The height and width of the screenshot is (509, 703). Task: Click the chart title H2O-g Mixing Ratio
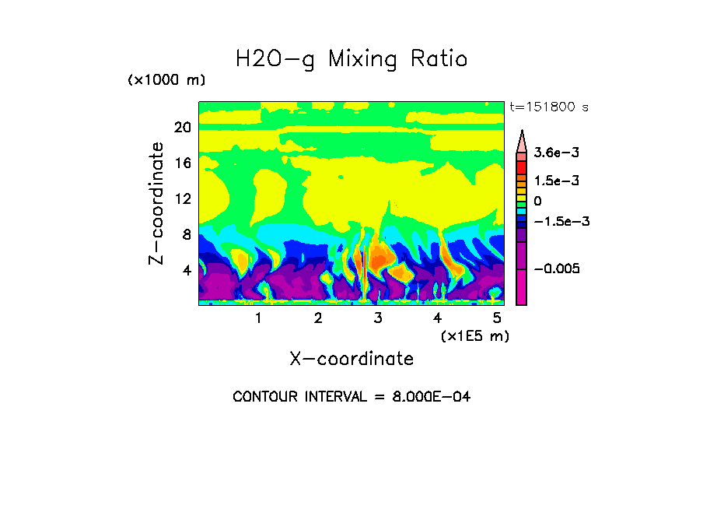(351, 59)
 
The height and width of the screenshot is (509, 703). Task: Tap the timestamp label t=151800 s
(549, 107)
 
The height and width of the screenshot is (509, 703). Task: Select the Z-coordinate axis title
(157, 203)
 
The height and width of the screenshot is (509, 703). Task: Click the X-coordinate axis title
(351, 359)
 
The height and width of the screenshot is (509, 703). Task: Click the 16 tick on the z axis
(182, 163)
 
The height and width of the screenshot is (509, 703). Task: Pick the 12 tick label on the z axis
(182, 198)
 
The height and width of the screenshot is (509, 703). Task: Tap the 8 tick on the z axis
(187, 234)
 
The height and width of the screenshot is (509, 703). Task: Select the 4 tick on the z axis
(187, 270)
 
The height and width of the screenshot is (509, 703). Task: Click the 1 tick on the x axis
(258, 318)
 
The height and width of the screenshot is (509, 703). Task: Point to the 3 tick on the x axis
(378, 318)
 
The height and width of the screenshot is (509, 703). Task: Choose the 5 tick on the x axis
(497, 318)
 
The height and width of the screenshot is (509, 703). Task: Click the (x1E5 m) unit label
(474, 336)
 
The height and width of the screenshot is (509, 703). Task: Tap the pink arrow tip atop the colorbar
(522, 138)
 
